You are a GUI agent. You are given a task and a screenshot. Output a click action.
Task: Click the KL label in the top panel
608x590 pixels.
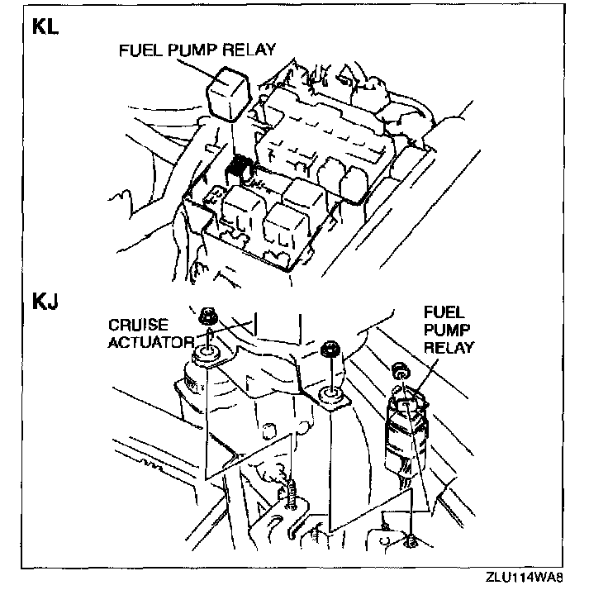click(x=45, y=26)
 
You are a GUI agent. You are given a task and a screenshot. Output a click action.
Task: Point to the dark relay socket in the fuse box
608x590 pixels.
click(x=241, y=167)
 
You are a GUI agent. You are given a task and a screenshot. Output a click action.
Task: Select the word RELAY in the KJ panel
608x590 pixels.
click(x=449, y=347)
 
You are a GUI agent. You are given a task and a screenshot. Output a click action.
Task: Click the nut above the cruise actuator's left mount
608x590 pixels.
click(x=207, y=316)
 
